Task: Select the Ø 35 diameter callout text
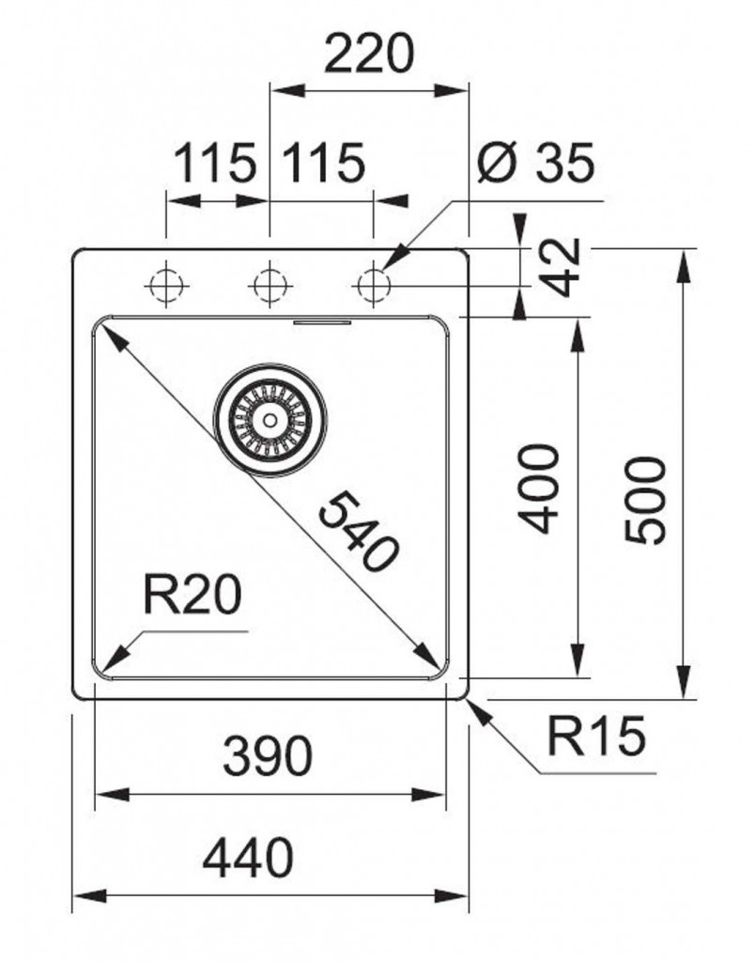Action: tap(535, 164)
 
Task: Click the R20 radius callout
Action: tap(193, 595)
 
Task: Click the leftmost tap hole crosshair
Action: tap(166, 282)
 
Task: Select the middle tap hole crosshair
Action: tap(270, 282)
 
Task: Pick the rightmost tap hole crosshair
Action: tap(374, 282)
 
